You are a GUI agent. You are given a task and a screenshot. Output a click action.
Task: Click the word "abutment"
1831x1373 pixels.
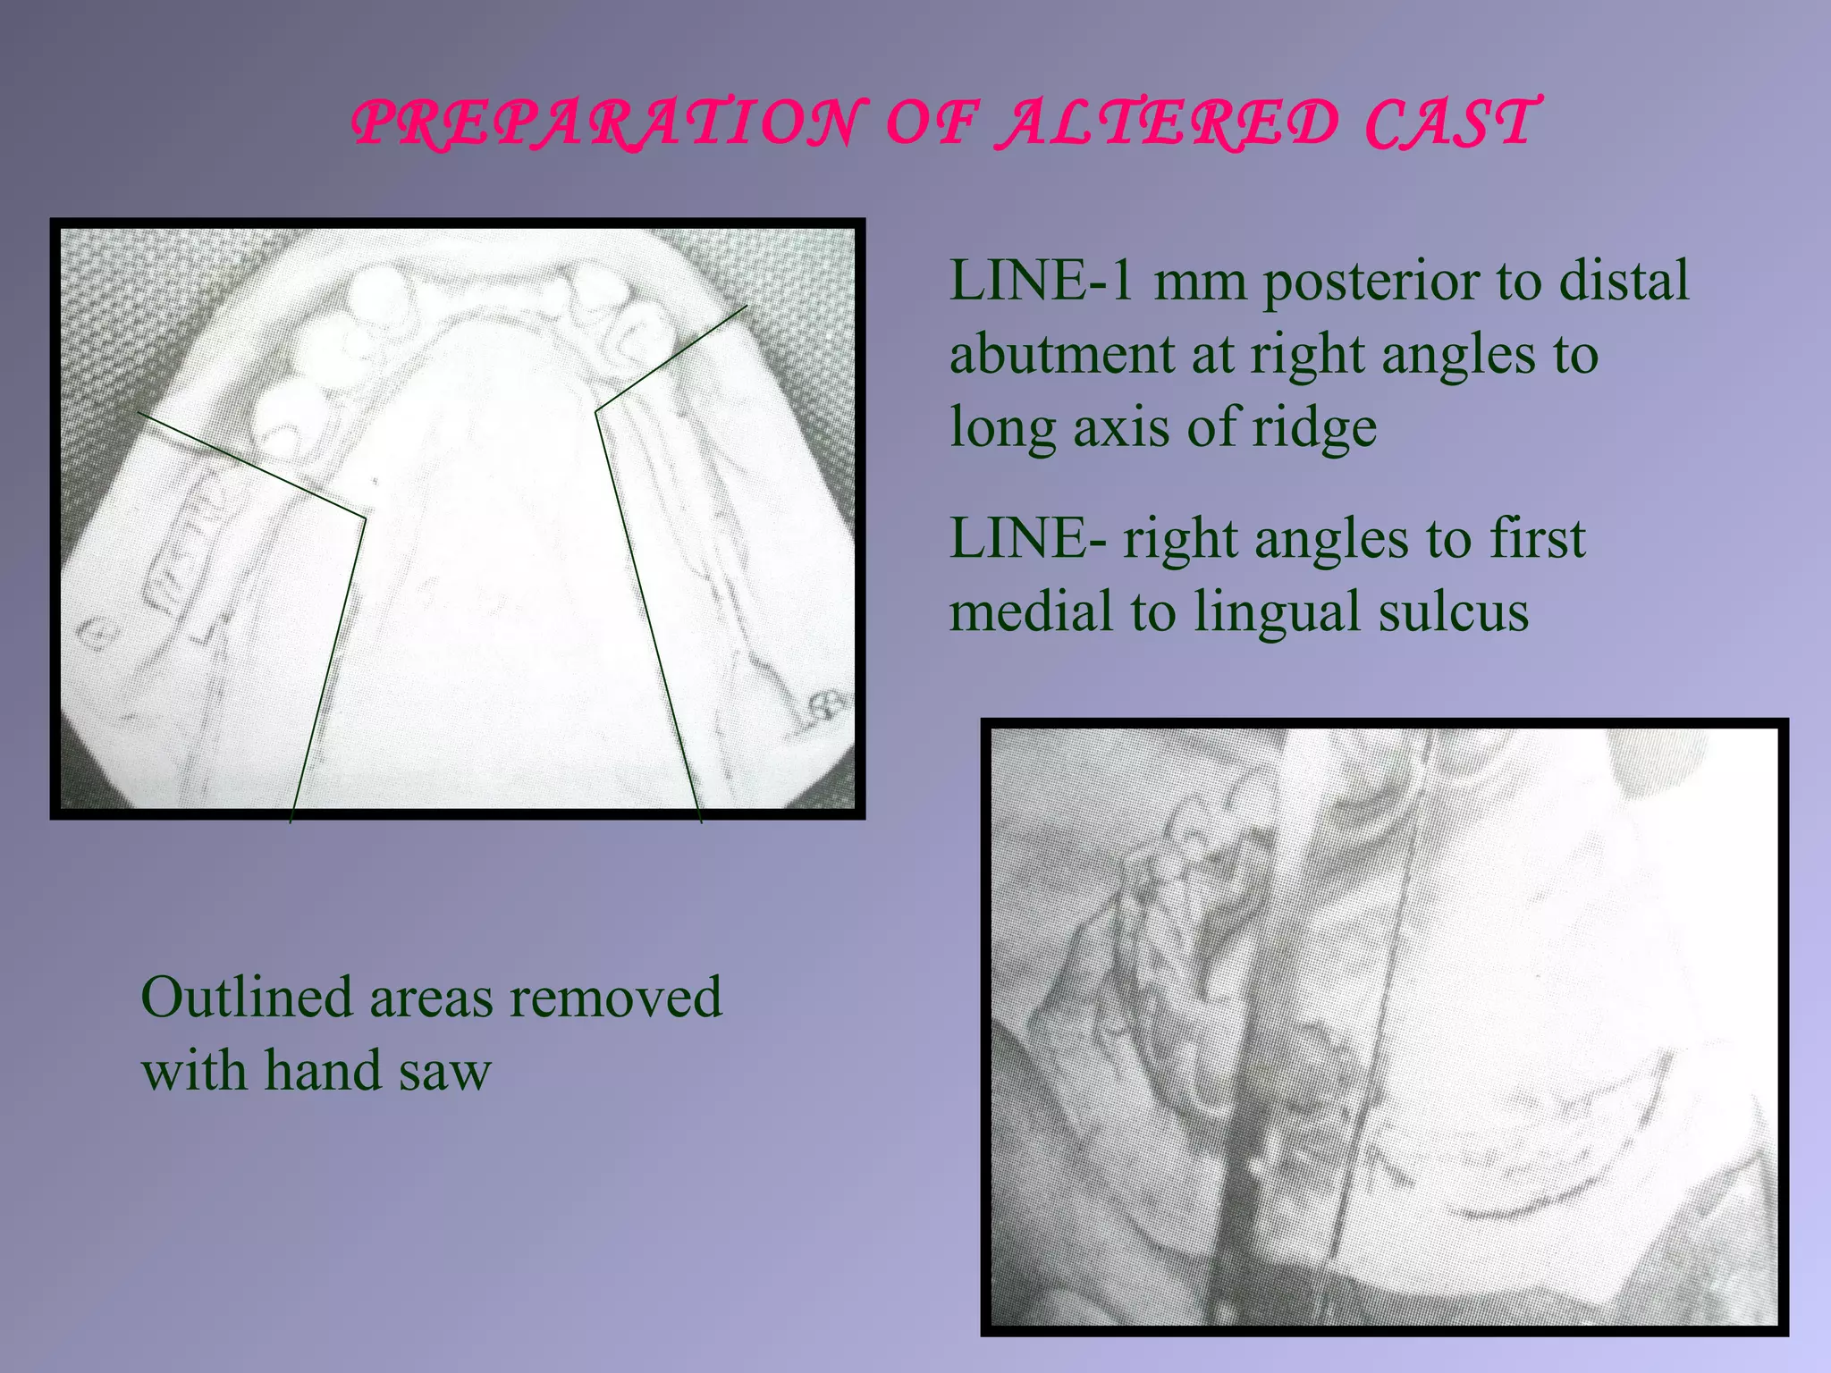(1061, 354)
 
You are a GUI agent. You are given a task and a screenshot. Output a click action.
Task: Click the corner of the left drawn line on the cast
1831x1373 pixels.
(365, 518)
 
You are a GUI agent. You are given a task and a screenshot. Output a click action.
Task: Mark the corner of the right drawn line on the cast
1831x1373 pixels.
(596, 411)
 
